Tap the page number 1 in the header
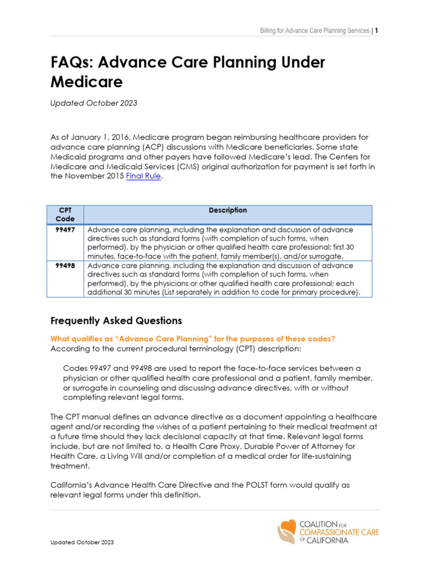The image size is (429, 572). tap(376, 30)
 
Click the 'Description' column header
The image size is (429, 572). tap(228, 211)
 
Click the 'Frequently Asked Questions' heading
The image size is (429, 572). tap(116, 321)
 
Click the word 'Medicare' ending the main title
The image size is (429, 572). tap(87, 82)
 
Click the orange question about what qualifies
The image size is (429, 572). tap(193, 339)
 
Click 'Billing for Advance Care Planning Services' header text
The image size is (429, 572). tap(314, 30)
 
